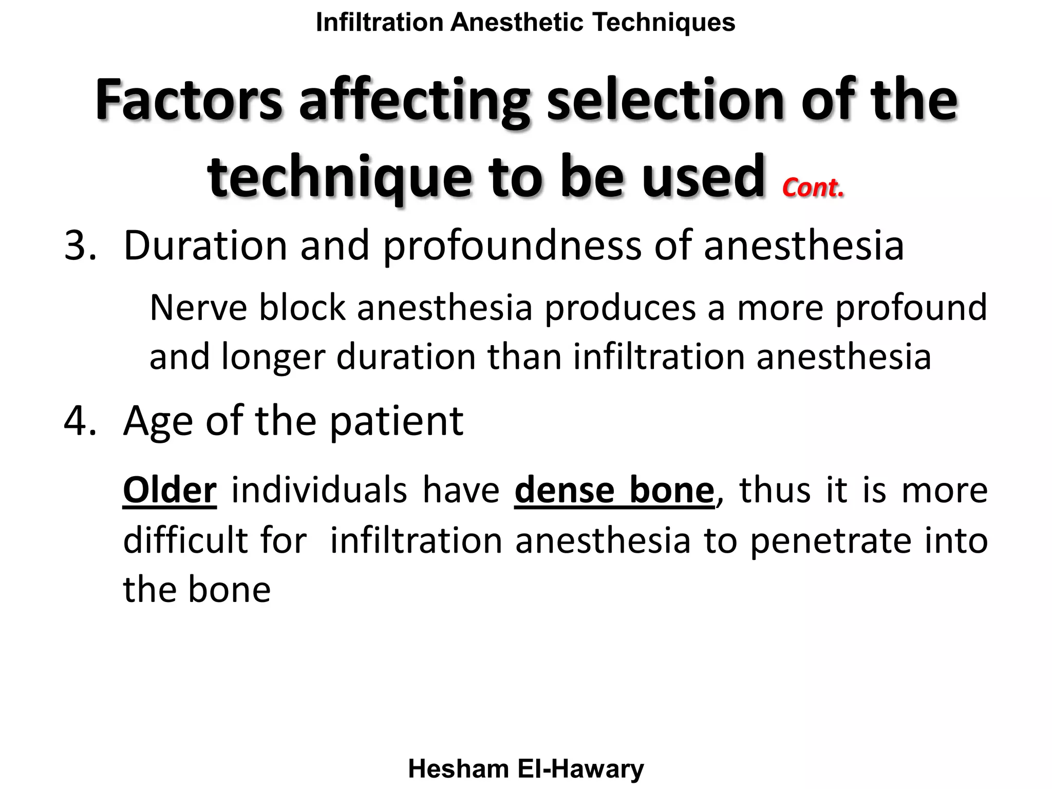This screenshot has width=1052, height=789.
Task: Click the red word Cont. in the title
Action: (x=813, y=187)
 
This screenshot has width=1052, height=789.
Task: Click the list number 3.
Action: (x=80, y=246)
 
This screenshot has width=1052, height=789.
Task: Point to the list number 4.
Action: (x=80, y=421)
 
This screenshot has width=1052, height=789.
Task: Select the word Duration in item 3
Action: (x=205, y=246)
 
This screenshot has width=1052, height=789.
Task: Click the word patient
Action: (x=396, y=421)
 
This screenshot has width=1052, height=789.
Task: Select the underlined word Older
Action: (x=170, y=490)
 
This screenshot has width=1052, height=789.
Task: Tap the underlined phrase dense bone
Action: (x=614, y=490)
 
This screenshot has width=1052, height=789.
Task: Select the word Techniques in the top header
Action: (x=664, y=23)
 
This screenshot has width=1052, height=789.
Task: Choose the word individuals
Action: (x=319, y=490)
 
